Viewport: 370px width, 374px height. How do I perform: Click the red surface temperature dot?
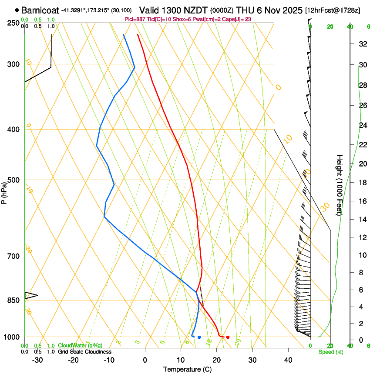click(x=228, y=337)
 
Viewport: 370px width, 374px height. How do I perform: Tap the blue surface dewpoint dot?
click(x=199, y=337)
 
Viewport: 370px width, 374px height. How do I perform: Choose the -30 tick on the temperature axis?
click(x=37, y=360)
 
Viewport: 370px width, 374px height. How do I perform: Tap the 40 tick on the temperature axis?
click(x=288, y=360)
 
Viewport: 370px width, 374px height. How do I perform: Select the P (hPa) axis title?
click(x=4, y=192)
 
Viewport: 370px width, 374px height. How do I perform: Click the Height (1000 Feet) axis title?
click(x=340, y=185)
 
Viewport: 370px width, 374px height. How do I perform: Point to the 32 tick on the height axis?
click(x=361, y=44)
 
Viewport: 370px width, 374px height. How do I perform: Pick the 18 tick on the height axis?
click(x=361, y=183)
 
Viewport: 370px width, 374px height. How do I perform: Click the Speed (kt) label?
click(x=329, y=352)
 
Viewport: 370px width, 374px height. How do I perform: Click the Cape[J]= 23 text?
click(x=239, y=19)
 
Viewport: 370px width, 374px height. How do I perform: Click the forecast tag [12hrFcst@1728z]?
click(x=333, y=10)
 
